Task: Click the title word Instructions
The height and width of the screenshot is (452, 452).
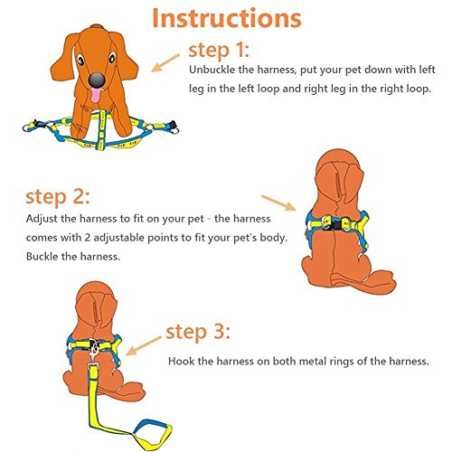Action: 227,18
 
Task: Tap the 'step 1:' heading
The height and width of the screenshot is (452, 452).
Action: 219,50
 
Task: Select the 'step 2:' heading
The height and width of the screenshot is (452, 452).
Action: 58,197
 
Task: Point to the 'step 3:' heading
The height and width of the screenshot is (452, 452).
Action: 198,332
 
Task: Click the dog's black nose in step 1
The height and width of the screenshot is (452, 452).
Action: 97,80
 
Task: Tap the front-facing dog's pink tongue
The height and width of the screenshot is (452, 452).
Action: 96,95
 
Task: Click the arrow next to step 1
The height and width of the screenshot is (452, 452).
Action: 165,63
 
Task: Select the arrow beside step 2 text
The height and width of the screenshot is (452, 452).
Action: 278,202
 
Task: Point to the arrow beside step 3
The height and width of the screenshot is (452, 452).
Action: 144,346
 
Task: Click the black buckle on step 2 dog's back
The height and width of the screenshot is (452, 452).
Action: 335,224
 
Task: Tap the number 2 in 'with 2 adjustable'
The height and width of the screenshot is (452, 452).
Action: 88,238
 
